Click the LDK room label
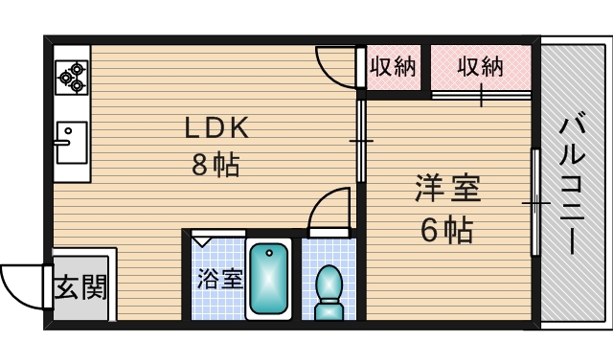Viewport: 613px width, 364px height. (x=216, y=127)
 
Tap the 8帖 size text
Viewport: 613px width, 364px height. (x=216, y=165)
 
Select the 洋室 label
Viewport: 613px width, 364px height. (x=447, y=189)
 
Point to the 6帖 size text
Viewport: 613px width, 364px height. (x=447, y=230)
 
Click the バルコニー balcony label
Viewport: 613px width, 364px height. (x=572, y=183)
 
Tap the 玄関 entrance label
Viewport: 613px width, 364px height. (x=80, y=287)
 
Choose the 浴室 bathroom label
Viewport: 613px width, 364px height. (x=220, y=279)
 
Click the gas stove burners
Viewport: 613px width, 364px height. (x=72, y=77)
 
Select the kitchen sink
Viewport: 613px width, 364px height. (x=72, y=143)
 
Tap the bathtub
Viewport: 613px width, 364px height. (x=268, y=279)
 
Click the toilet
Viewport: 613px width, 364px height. (x=329, y=292)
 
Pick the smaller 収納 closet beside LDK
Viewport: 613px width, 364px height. (x=393, y=67)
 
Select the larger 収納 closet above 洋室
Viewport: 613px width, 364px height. (x=481, y=67)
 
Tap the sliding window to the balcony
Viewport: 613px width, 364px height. (x=535, y=202)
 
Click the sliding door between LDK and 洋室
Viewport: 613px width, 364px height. (x=361, y=141)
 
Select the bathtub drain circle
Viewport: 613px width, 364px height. (x=269, y=253)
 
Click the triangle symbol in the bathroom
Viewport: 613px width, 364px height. (x=202, y=240)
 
